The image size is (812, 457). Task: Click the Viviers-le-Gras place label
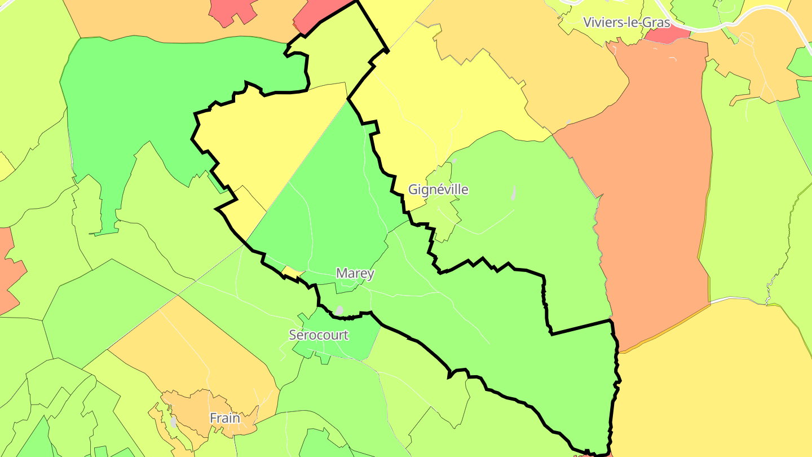(x=626, y=23)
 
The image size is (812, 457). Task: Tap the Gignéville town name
(x=438, y=190)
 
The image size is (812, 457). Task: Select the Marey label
(x=355, y=274)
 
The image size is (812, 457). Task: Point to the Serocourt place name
(x=319, y=335)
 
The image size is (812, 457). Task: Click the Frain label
(x=225, y=419)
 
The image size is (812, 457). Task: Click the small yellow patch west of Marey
(x=293, y=273)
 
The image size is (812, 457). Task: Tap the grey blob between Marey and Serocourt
(x=339, y=310)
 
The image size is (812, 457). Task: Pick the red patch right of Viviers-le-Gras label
(x=667, y=34)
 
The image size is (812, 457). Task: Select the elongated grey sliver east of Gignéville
(x=513, y=194)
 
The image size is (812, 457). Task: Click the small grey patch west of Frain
(x=173, y=421)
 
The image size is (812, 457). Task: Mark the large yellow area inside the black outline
(x=265, y=141)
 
